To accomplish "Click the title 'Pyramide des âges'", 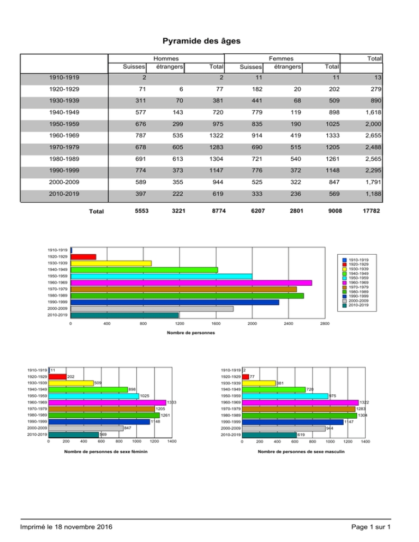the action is click(x=201, y=41).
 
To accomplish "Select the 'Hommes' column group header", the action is click(x=166, y=59).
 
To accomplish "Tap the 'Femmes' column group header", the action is click(x=281, y=59).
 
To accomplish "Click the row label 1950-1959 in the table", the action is click(x=64, y=124).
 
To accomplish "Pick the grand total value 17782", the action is click(x=371, y=211).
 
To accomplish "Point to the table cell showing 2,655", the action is click(x=373, y=135).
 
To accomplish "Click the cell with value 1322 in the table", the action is click(x=216, y=135).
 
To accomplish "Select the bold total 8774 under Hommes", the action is click(x=219, y=211).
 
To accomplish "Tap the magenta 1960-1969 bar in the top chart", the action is click(x=191, y=283).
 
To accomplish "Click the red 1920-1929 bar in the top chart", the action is click(x=83, y=257).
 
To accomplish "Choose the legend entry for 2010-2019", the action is click(x=356, y=305).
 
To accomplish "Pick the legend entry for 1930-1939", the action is click(x=356, y=269).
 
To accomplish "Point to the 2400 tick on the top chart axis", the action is click(x=289, y=323).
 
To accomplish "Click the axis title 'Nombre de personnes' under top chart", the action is click(x=191, y=333).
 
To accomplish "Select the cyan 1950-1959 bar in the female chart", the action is click(x=94, y=396).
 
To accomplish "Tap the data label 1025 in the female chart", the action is click(x=145, y=396).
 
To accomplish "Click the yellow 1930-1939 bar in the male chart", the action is click(x=259, y=383).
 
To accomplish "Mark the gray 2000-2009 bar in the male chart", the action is click(x=284, y=429).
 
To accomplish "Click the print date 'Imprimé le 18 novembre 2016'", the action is click(x=66, y=527).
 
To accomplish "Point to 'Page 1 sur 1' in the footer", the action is click(x=371, y=527).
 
